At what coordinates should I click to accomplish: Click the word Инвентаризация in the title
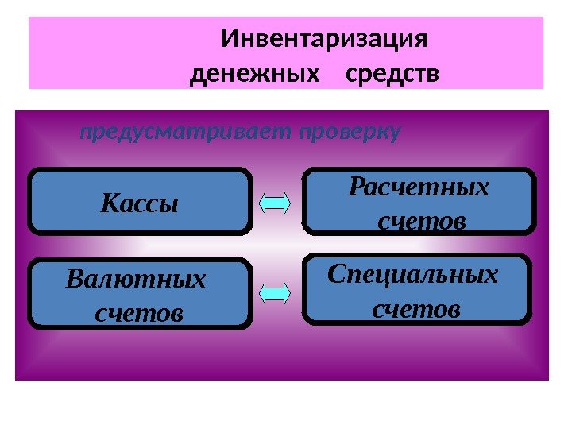point(325,39)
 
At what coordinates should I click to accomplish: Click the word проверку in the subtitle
point(350,132)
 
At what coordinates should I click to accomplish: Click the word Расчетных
point(419,188)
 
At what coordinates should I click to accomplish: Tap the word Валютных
point(137,280)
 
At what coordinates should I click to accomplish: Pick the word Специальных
point(414,274)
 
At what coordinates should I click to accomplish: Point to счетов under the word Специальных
point(416,306)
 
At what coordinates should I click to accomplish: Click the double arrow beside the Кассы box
point(276,204)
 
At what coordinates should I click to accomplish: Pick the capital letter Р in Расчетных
point(357,188)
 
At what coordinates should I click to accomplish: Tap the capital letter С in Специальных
point(337,274)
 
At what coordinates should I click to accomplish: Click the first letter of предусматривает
point(85,133)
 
